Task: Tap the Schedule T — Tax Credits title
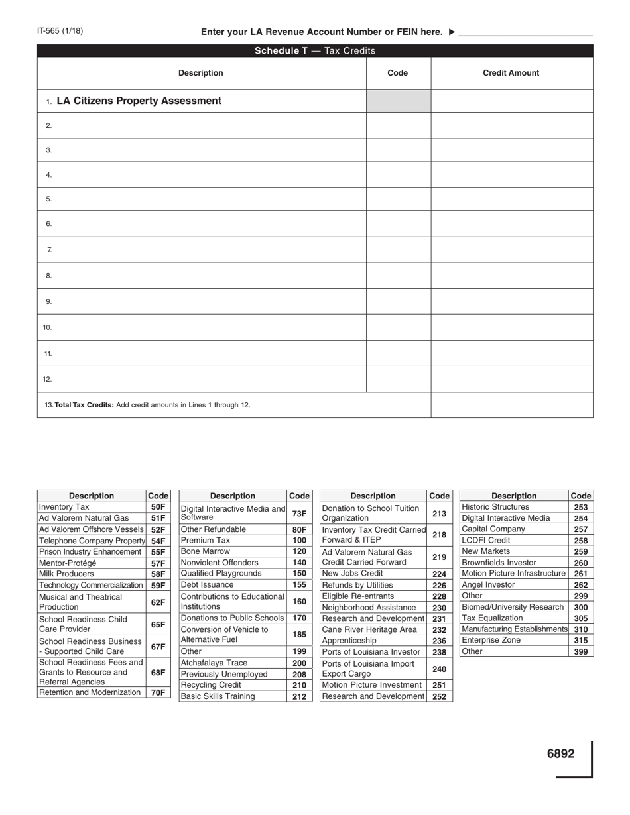[x=315, y=51]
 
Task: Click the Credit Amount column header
[x=511, y=73]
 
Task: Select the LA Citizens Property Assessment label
[x=139, y=101]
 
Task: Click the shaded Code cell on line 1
[x=398, y=101]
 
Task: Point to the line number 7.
[x=50, y=250]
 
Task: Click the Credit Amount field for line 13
[x=511, y=404]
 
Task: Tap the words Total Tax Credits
[x=84, y=404]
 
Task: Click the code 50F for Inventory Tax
[x=158, y=507]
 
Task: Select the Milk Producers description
[x=66, y=574]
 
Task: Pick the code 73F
[x=299, y=513]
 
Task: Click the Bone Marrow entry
[x=206, y=551]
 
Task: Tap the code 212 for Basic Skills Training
[x=299, y=696]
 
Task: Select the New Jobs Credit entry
[x=352, y=573]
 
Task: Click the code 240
[x=439, y=669]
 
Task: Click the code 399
[x=580, y=651]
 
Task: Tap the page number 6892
[x=560, y=753]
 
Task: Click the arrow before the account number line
[x=452, y=32]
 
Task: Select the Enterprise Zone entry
[x=491, y=640]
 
